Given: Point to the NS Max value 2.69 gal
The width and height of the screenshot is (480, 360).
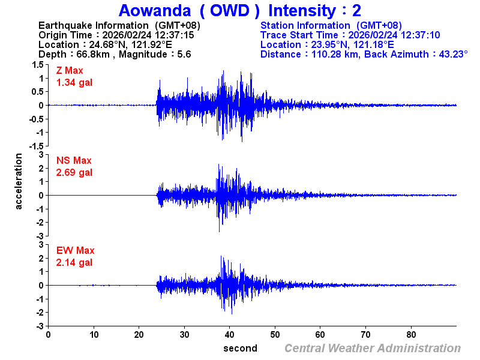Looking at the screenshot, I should (74, 173).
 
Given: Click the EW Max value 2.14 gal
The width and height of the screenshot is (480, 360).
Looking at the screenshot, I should (74, 263).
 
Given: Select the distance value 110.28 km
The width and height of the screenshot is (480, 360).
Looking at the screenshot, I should (337, 54).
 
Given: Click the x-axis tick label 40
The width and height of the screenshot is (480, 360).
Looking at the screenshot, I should (230, 335).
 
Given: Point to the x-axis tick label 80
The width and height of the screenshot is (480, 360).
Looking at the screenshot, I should (412, 335).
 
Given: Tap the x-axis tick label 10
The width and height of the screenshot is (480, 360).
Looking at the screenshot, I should (94, 335).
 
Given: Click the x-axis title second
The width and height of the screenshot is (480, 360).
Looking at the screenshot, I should (241, 348).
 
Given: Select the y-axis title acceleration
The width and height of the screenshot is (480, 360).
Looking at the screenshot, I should (19, 181).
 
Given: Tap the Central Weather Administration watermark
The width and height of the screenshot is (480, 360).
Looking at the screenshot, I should (373, 348).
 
